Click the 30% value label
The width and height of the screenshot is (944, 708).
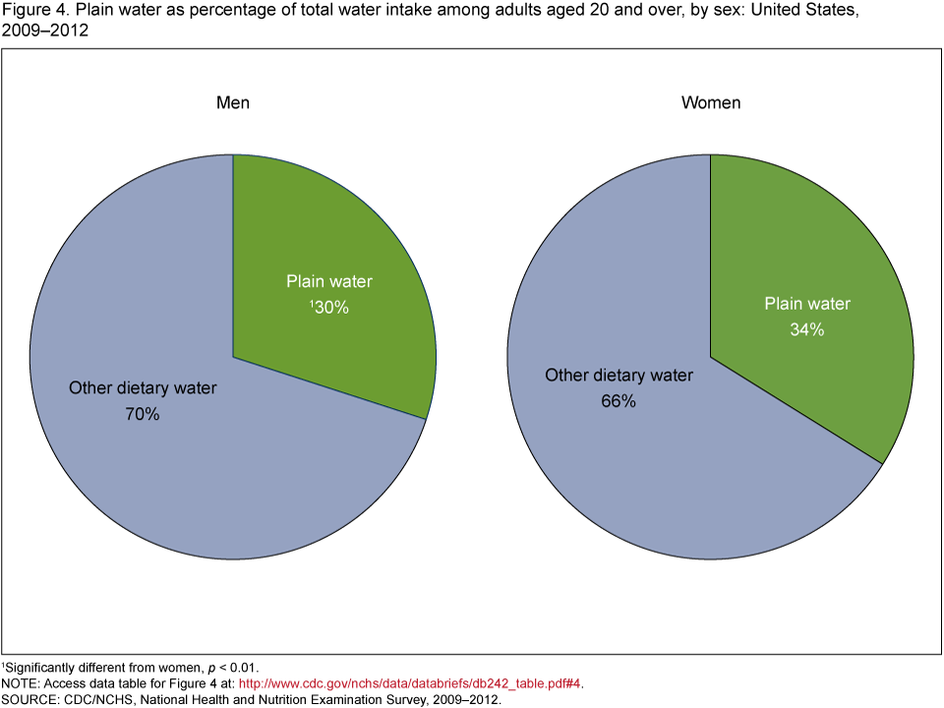click(x=332, y=307)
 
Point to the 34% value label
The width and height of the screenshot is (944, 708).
click(x=807, y=330)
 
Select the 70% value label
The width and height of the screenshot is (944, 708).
click(x=143, y=415)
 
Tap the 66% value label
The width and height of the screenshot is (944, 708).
click(x=619, y=401)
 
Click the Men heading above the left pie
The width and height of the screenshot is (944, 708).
click(x=233, y=103)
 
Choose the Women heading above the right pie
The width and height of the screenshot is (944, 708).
click(x=711, y=103)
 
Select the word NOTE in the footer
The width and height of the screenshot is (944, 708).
click(x=20, y=682)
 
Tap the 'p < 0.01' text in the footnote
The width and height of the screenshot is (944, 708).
click(x=231, y=667)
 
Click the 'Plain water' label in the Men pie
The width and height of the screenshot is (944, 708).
click(x=329, y=282)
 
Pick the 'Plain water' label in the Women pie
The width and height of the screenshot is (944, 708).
click(x=807, y=304)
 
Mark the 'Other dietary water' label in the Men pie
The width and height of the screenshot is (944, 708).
click(x=143, y=388)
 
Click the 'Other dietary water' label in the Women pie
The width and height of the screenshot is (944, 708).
click(x=619, y=376)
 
